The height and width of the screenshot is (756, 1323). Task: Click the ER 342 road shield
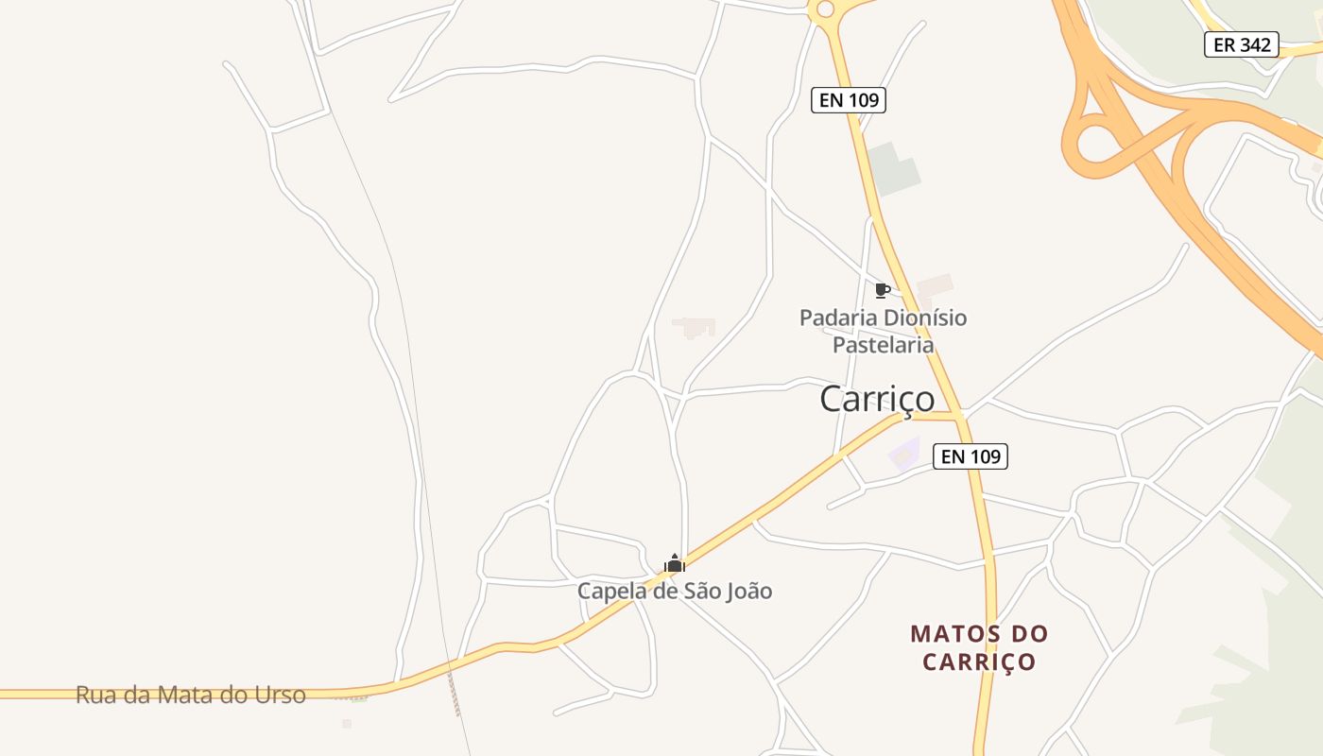[1241, 44]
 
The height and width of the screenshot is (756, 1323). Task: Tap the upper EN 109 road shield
[848, 100]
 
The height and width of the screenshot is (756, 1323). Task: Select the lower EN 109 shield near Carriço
[971, 456]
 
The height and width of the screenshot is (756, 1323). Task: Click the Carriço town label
[877, 399]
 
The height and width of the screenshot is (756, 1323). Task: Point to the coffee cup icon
[882, 290]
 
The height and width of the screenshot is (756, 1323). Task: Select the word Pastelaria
[883, 345]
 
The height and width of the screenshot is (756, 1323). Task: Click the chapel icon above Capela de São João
[674, 564]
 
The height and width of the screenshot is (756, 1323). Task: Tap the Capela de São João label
[675, 592]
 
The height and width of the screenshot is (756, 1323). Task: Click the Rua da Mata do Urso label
[191, 696]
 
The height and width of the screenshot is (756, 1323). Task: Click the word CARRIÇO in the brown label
[979, 661]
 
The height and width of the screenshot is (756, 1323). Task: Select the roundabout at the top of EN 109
[825, 9]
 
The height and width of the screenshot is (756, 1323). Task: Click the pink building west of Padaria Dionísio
[694, 327]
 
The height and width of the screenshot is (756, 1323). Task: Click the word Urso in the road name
[280, 696]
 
